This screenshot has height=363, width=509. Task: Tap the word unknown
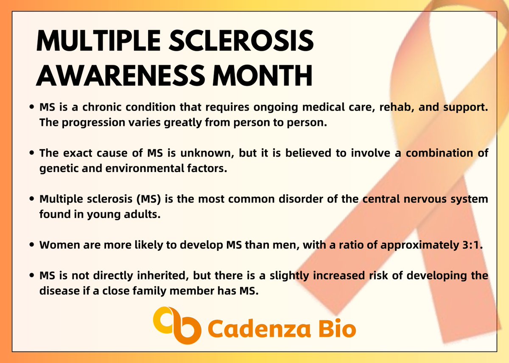pos(209,154)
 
